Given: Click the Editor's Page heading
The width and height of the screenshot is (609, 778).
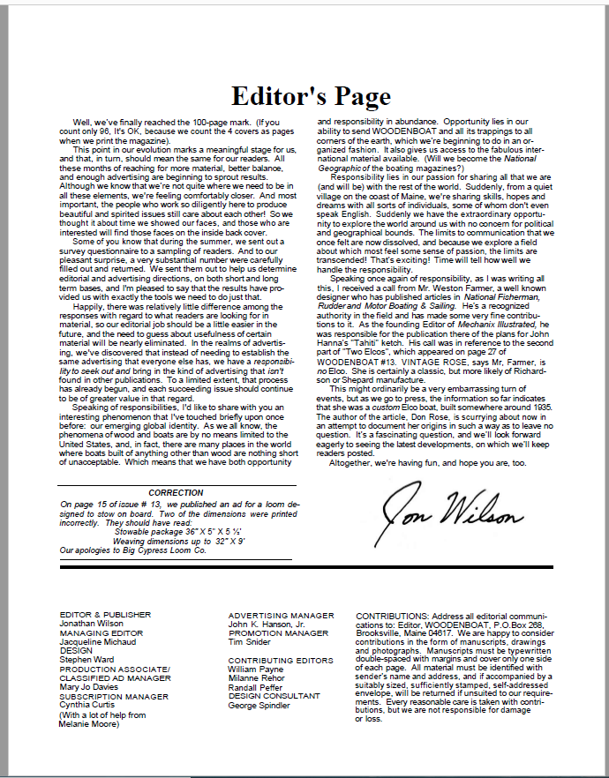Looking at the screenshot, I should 311,95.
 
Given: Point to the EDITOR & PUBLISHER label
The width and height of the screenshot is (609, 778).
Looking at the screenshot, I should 105,614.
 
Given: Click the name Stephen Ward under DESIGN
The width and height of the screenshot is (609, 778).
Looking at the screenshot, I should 86,658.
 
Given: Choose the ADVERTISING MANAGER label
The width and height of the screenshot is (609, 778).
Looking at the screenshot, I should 281,615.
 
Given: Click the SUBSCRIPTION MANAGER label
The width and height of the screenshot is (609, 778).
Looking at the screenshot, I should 114,696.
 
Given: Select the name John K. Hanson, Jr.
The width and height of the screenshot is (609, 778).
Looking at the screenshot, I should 265,624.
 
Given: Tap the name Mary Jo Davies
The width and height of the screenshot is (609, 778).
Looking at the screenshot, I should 89,685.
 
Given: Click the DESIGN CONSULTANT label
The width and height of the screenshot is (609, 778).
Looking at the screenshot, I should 274,695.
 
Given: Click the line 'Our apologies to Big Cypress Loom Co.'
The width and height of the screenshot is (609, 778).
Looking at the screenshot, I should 133,550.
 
